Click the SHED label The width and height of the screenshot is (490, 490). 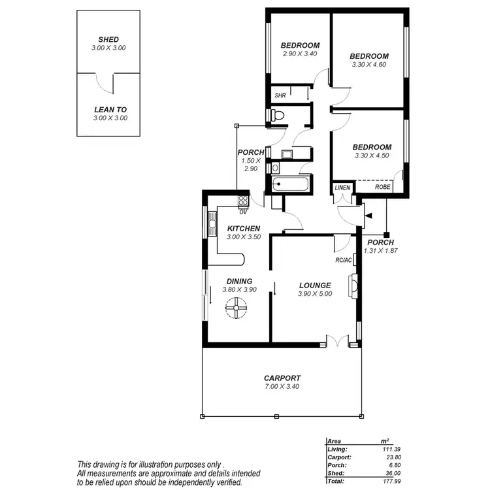pyautogui.click(x=109, y=39)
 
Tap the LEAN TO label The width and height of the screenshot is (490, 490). pyautogui.click(x=109, y=109)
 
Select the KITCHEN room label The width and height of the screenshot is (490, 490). pyautogui.click(x=244, y=228)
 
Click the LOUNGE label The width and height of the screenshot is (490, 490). pyautogui.click(x=315, y=285)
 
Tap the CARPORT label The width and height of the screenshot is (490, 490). pyautogui.click(x=282, y=378)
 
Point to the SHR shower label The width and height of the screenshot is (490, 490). pyautogui.click(x=280, y=95)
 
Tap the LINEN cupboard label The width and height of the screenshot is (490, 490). pyautogui.click(x=343, y=188)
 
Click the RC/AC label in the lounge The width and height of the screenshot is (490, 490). pyautogui.click(x=344, y=260)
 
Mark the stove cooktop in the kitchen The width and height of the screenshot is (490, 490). pyautogui.click(x=242, y=201)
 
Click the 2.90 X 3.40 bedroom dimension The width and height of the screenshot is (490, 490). pyautogui.click(x=300, y=54)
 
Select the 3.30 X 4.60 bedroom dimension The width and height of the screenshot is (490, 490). pyautogui.click(x=368, y=65)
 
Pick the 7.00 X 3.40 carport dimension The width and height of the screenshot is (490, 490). pyautogui.click(x=282, y=386)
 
